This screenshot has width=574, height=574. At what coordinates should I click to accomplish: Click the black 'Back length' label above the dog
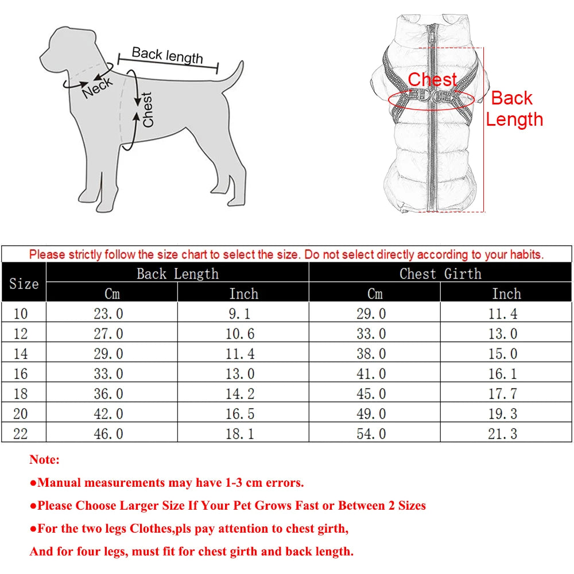(167, 55)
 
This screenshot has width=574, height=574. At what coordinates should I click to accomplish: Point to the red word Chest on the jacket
(432, 80)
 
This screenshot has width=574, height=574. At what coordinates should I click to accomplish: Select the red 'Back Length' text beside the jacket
(514, 109)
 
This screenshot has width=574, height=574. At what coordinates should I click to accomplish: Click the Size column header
(24, 284)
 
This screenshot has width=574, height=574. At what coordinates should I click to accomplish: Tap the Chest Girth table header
(440, 274)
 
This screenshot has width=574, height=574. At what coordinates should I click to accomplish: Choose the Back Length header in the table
(177, 274)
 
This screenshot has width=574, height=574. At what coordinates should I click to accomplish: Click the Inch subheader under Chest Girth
(506, 294)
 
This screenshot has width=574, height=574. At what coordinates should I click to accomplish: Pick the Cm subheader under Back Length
(112, 294)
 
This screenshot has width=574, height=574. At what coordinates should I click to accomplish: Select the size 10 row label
(20, 313)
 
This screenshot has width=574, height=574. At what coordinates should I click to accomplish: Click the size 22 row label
(20, 433)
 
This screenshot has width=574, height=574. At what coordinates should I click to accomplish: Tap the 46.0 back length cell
(108, 433)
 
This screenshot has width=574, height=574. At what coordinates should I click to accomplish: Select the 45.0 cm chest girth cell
(371, 394)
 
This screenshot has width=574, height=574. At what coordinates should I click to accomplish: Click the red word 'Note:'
(44, 460)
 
